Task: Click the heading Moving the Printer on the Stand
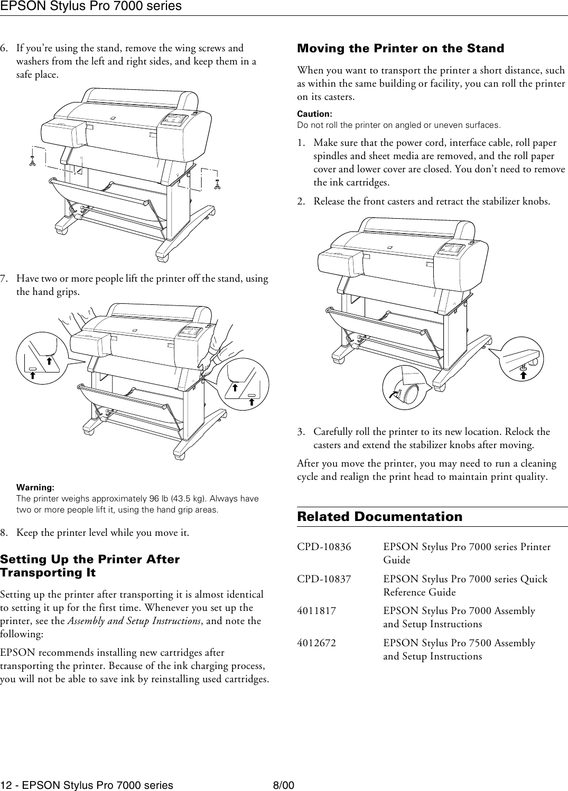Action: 401,49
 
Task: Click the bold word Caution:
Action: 314,114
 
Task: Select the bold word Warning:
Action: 35,487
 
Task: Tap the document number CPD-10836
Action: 323,547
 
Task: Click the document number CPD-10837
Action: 323,579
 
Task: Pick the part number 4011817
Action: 316,611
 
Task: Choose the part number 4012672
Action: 316,643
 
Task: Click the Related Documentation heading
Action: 379,517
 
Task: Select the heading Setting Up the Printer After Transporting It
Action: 90,565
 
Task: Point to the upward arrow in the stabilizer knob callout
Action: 523,375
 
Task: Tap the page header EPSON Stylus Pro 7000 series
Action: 91,6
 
